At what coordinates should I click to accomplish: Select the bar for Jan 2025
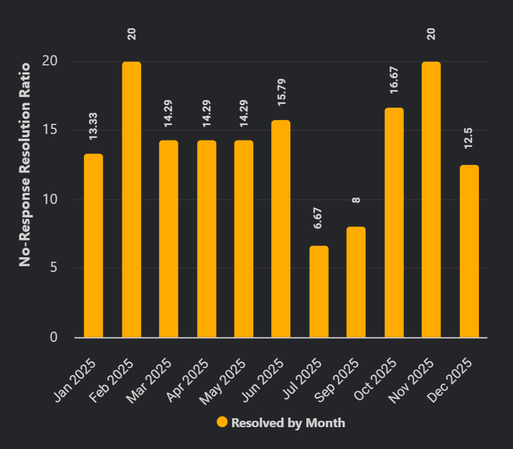click(94, 246)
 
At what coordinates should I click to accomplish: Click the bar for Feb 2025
click(131, 199)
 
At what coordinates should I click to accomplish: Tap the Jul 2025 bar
click(319, 292)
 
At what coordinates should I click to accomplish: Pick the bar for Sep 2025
click(356, 282)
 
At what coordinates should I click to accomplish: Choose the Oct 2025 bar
click(394, 223)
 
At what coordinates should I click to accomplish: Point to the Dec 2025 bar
click(469, 251)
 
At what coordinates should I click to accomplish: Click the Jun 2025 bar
click(281, 229)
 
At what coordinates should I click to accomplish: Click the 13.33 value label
click(94, 126)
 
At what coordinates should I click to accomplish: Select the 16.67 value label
click(394, 80)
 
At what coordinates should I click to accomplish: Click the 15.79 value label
click(281, 92)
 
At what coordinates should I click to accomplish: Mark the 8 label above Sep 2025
click(356, 200)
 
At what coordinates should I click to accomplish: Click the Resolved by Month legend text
click(288, 423)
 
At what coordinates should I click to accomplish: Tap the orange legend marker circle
click(223, 422)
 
